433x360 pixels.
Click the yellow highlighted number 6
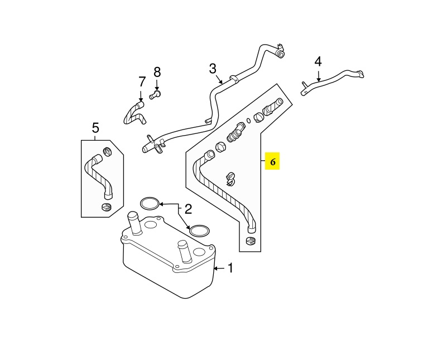(272, 162)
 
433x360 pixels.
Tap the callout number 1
(230, 268)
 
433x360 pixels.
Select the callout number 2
(188, 209)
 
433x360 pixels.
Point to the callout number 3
(213, 69)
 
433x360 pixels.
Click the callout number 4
(318, 61)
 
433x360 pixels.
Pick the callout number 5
(95, 128)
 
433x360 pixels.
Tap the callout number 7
(142, 82)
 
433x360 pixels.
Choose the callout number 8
(157, 72)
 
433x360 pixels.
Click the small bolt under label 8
(155, 95)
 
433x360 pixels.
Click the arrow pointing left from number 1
(220, 268)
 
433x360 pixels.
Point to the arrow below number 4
(319, 76)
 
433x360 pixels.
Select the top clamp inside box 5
(108, 152)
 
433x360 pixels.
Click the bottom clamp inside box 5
(107, 207)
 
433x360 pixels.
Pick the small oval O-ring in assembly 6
(248, 121)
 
